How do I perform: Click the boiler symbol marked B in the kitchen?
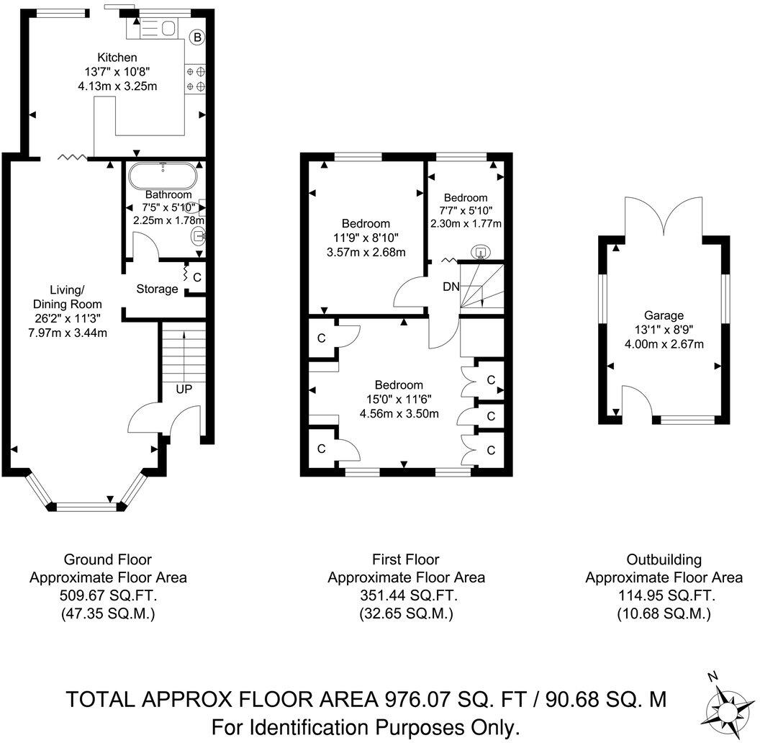pyautogui.click(x=196, y=37)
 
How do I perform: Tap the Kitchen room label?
pyautogui.click(x=117, y=57)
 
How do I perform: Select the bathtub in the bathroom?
pyautogui.click(x=162, y=176)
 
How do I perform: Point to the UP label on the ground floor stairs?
pyautogui.click(x=184, y=389)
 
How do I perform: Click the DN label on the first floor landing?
pyautogui.click(x=451, y=287)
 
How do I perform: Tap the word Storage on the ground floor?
pyautogui.click(x=157, y=289)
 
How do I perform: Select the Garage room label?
pyautogui.click(x=664, y=315)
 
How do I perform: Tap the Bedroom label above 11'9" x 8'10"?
pyautogui.click(x=366, y=223)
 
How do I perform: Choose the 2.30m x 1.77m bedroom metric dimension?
pyautogui.click(x=466, y=223)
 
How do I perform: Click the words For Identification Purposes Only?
pyautogui.click(x=366, y=726)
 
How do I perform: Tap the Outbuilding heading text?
pyautogui.click(x=664, y=559)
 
